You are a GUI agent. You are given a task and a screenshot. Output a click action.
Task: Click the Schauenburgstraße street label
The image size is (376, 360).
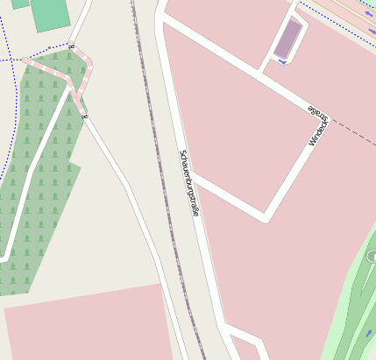click(x=189, y=183)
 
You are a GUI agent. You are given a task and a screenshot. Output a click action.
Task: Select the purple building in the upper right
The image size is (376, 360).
click(x=287, y=39)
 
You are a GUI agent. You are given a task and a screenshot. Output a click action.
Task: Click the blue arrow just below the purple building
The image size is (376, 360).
click(x=280, y=61)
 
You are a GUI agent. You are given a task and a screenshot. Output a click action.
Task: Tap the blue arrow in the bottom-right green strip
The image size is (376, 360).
click(x=367, y=334)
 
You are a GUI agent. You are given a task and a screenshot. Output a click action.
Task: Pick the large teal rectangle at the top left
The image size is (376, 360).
click(x=50, y=14)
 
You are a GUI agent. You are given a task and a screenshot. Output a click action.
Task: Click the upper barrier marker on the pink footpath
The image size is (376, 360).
click(x=71, y=47)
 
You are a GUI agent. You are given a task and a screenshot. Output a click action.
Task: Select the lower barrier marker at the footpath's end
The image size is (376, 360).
click(x=83, y=116)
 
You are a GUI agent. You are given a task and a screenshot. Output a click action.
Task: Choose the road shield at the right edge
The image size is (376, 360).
click(x=372, y=256)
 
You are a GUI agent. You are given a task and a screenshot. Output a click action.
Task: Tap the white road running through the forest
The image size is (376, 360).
click(x=35, y=166)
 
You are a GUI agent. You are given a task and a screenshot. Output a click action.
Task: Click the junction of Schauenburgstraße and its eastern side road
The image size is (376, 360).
click(x=192, y=175)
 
